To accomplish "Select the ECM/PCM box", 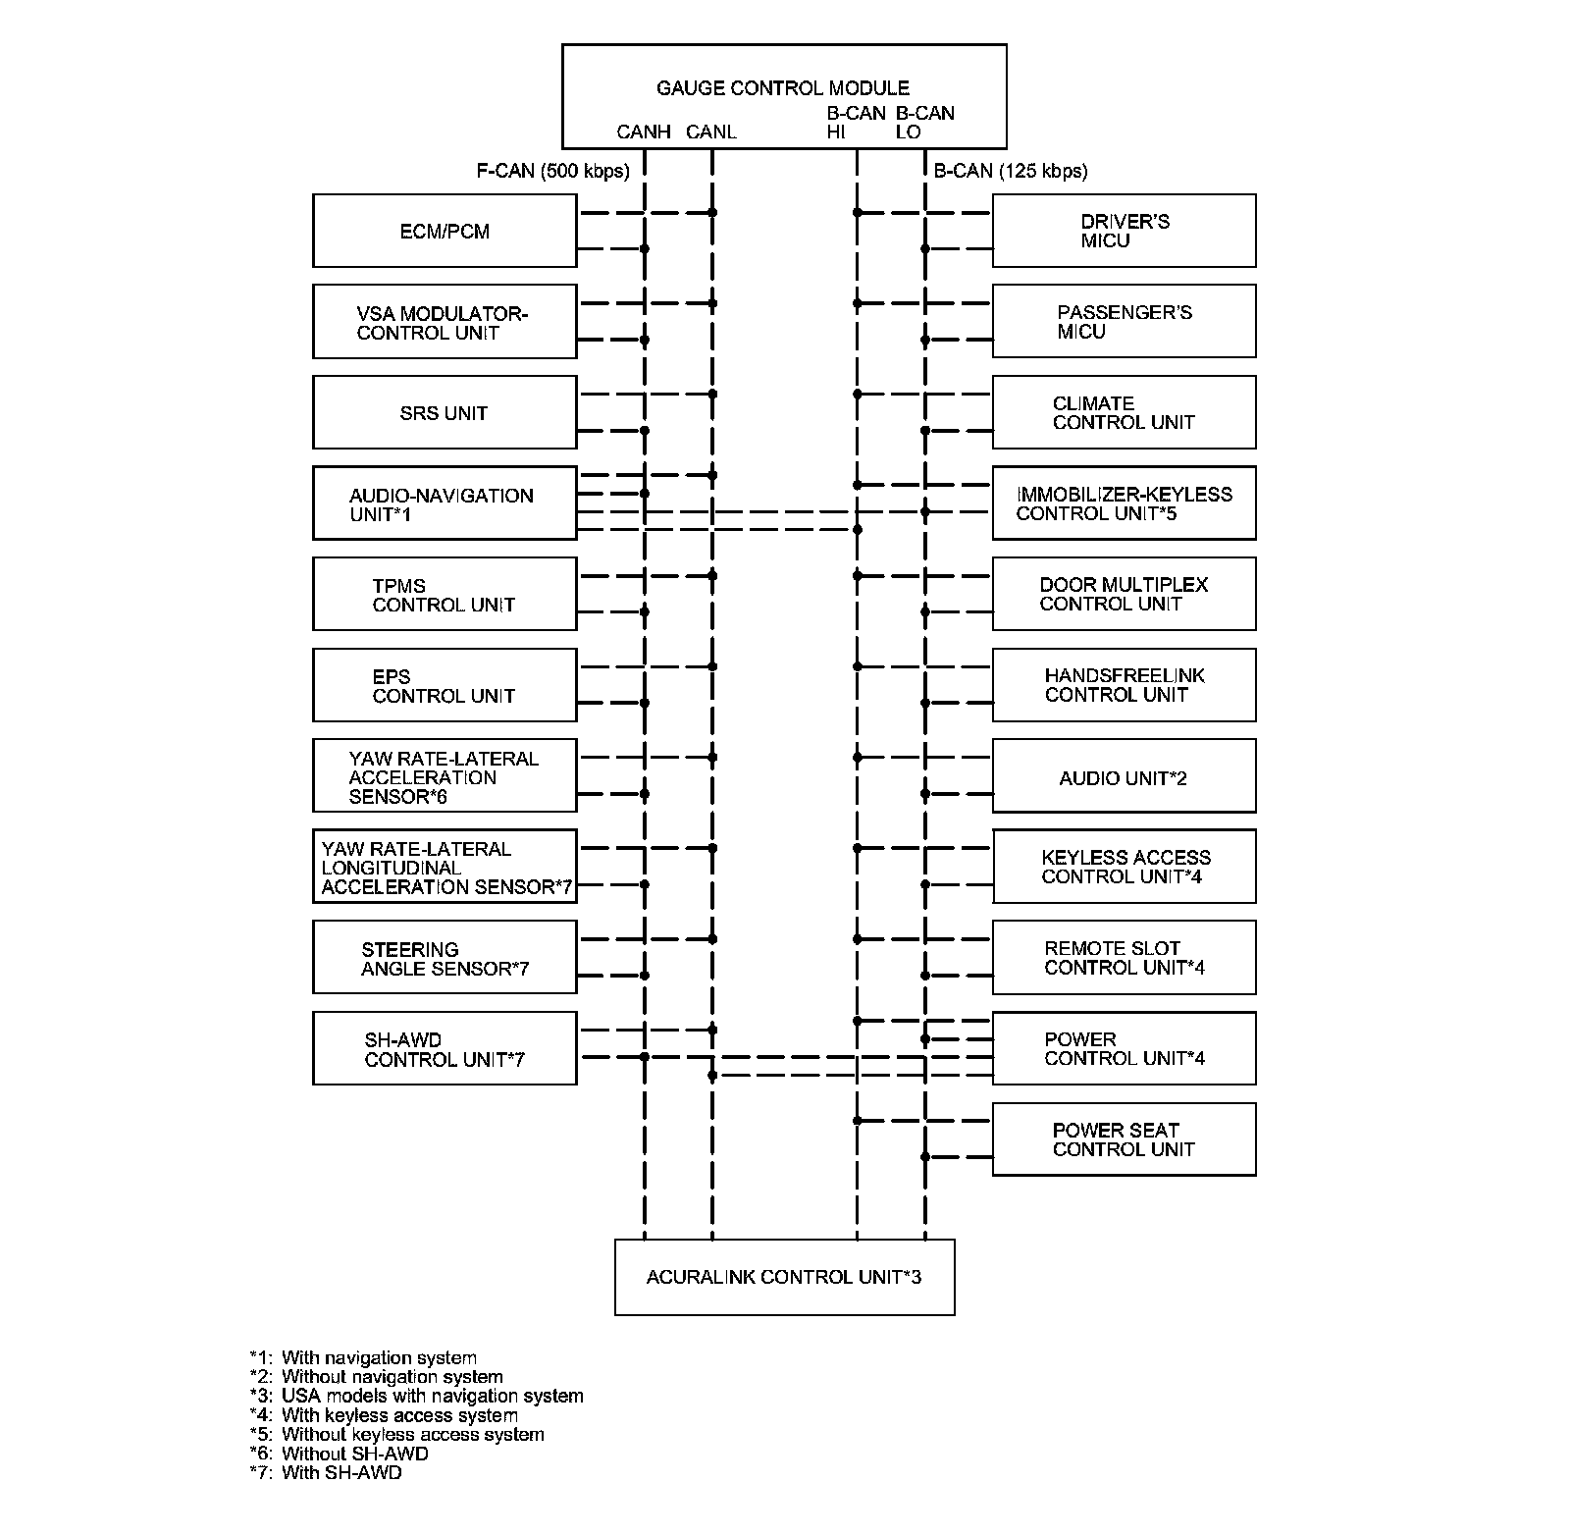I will pos(444,231).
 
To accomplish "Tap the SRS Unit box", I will pos(444,412).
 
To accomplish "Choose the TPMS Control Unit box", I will pos(444,594).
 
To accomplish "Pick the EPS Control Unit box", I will pos(444,685).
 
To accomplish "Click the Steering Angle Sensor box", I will pos(444,957).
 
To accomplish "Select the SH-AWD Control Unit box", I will pos(444,1048).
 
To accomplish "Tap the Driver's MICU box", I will pos(1124,231).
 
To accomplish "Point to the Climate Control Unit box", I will pos(1124,412).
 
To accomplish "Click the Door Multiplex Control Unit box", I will pos(1124,594).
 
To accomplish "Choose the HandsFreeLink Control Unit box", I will pos(1124,685).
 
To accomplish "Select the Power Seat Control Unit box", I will pos(1124,1139).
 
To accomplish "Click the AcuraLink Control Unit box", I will pos(784,1277).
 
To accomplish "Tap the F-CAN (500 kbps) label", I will pos(552,171).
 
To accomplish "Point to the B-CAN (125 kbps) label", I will pos(1011,171).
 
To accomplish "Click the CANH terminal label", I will pos(644,132).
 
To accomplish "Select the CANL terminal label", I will pos(711,132).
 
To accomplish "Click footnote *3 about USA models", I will pos(417,1396).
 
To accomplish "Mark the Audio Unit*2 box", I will pos(1124,777).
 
